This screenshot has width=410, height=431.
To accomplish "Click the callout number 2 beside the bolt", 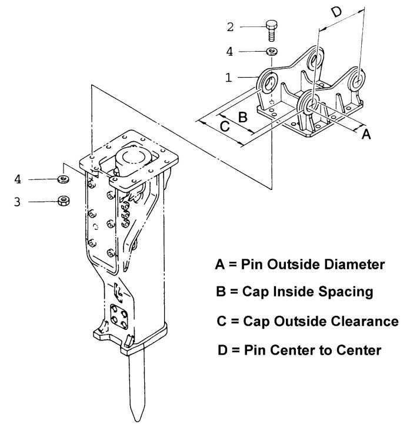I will tap(231, 26).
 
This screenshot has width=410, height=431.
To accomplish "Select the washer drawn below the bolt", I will tap(272, 52).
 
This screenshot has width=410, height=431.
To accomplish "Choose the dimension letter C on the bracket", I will tap(224, 125).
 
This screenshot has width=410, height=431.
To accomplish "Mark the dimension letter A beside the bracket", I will tap(366, 135).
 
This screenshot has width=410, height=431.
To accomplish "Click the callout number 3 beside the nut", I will tap(18, 202).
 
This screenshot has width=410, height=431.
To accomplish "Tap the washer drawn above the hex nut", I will tap(62, 179).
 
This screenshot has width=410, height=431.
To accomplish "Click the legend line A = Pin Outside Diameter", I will tap(300, 265).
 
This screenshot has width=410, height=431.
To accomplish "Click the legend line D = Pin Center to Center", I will tap(299, 350).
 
